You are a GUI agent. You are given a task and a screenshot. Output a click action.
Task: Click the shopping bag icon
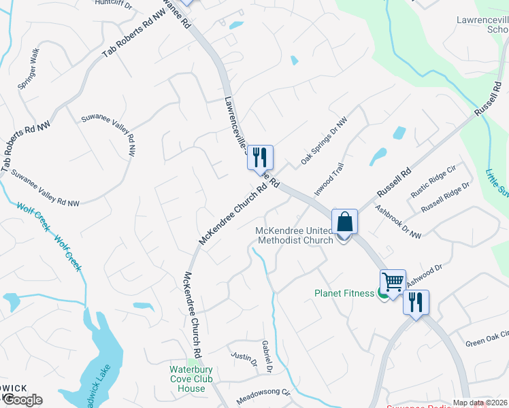pos(345,222)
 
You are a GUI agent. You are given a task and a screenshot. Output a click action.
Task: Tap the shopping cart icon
pos(393,282)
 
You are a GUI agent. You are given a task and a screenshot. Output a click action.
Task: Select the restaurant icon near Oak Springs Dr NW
pos(260,158)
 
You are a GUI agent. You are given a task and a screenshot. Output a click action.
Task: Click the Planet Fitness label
pos(344,294)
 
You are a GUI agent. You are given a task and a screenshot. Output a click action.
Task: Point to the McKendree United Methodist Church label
pos(294,235)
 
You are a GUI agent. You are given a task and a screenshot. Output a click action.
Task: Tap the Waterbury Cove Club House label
pos(191,379)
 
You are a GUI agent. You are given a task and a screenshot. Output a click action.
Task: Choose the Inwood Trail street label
pos(329,179)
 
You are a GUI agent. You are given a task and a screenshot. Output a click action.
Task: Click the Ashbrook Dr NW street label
pos(398,223)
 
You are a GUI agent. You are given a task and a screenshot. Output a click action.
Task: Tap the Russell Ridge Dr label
pos(446,197)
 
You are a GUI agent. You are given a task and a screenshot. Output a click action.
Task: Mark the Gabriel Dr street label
pos(265,356)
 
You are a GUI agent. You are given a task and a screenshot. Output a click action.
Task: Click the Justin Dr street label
pos(243,358)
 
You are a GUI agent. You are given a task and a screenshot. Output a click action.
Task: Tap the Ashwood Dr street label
pos(425,275)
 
